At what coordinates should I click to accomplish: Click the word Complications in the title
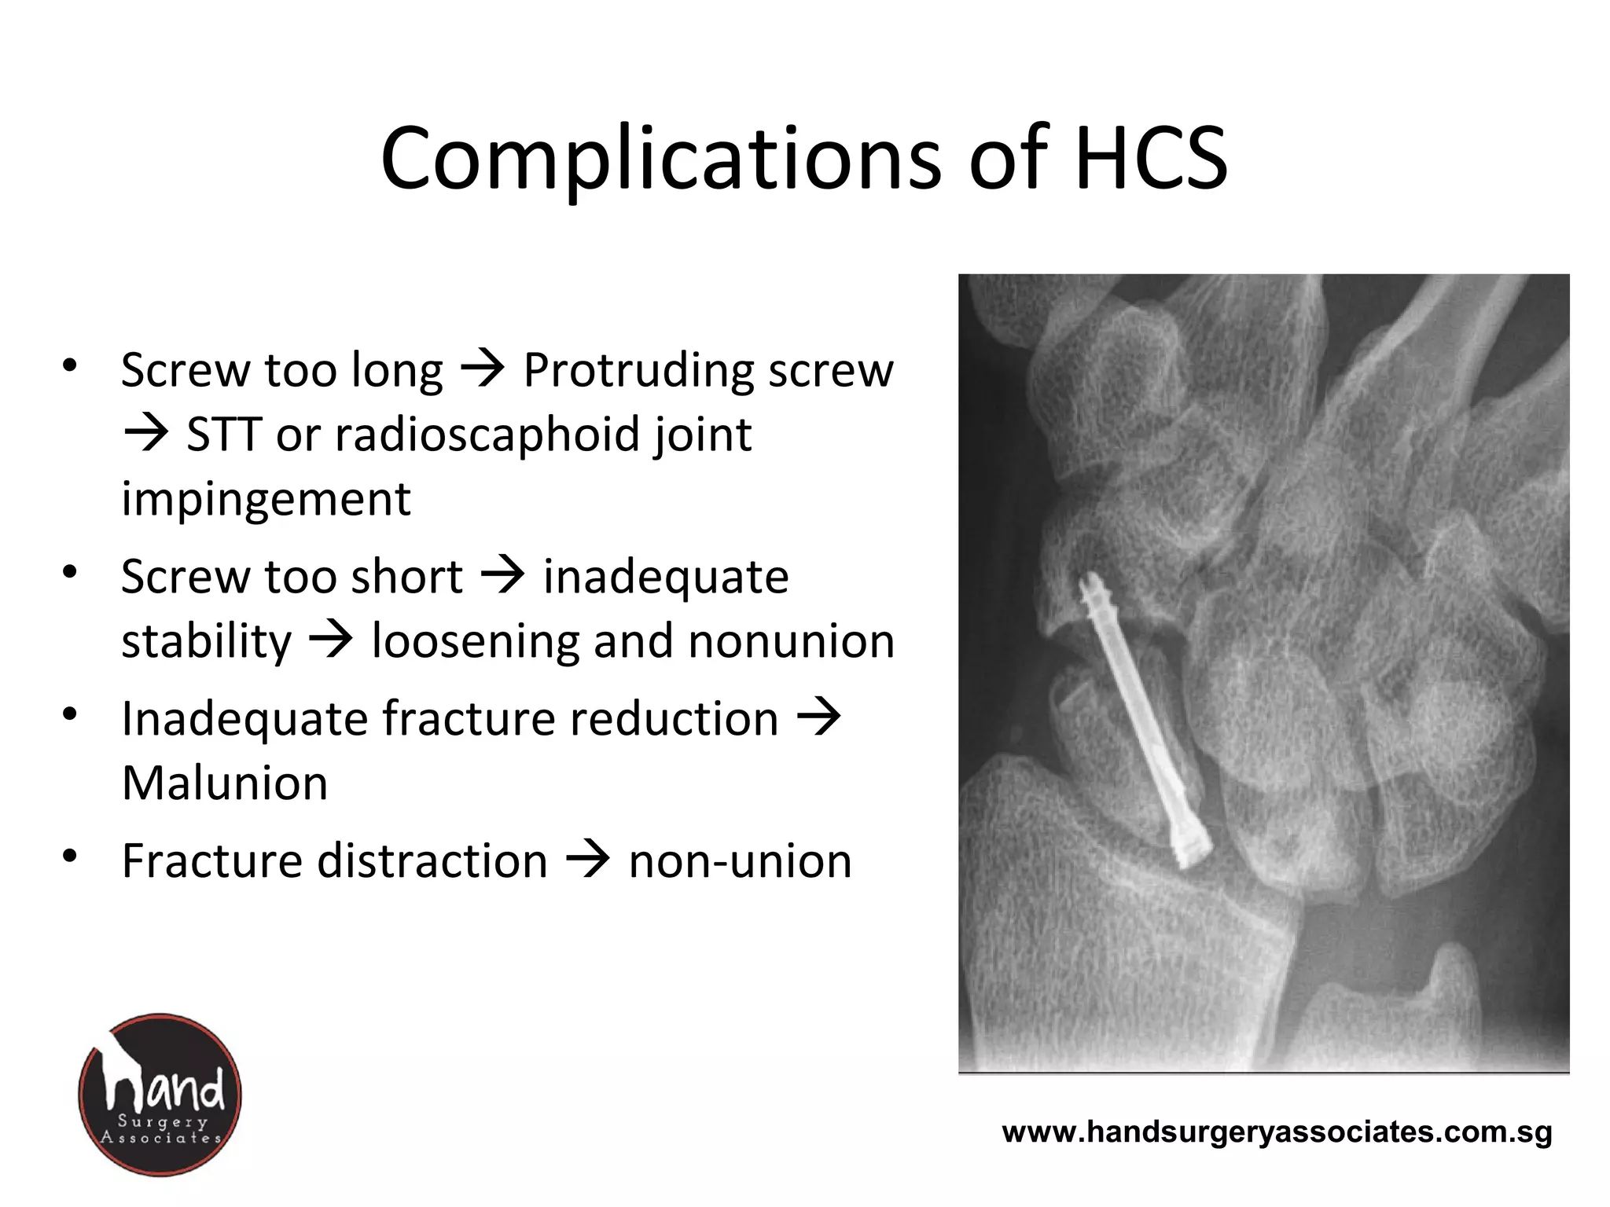coord(660,160)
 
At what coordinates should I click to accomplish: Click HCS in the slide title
coord(1150,160)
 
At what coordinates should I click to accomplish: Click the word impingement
coord(266,499)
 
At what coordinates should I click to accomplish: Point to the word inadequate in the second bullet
coord(666,577)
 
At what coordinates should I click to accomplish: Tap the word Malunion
coord(225,783)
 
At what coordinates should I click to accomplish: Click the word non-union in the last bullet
coord(740,861)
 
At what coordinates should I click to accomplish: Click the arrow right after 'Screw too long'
coord(482,369)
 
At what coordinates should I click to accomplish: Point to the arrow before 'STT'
coord(146,433)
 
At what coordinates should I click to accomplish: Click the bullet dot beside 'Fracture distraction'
coord(70,855)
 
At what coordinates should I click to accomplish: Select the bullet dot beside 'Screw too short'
coord(70,571)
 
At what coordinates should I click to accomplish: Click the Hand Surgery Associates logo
coord(160,1095)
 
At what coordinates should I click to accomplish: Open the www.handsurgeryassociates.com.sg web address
coord(1277,1132)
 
